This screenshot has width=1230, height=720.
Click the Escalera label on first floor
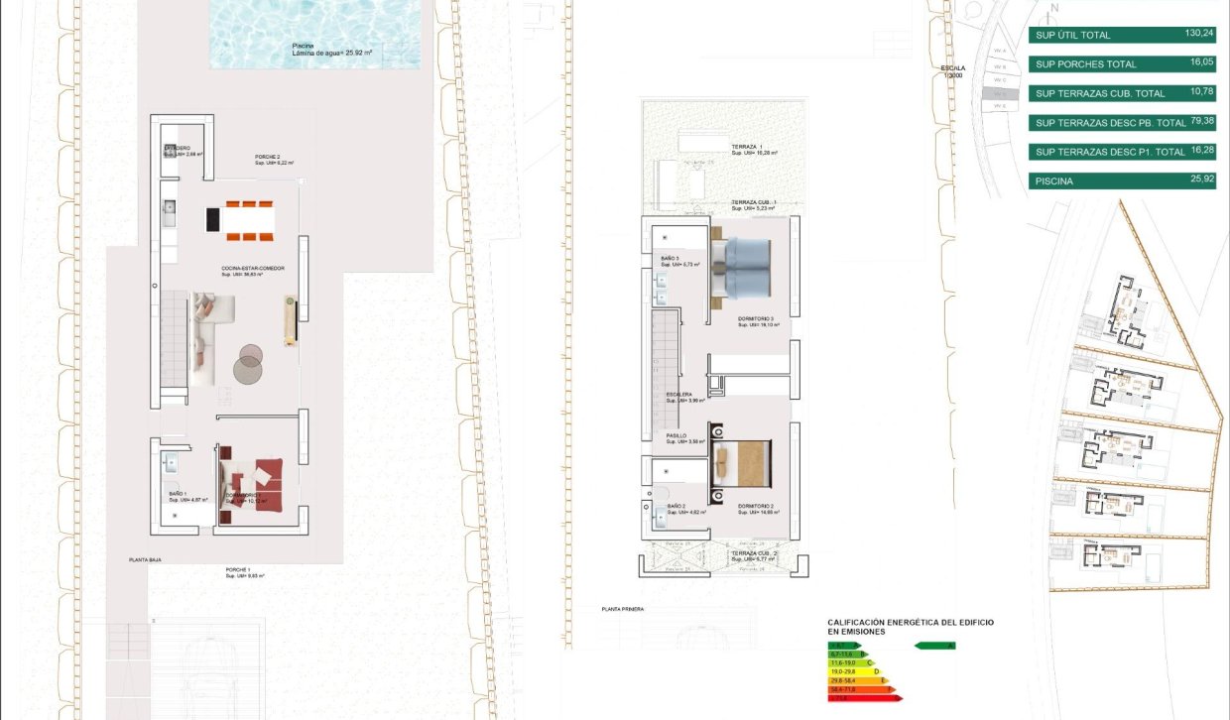679,394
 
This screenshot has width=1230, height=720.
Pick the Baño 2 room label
676,507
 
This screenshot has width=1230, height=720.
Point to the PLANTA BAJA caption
145,560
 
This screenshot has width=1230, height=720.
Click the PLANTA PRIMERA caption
623,610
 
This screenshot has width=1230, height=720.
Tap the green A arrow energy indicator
934,646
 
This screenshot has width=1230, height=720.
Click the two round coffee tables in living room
248,363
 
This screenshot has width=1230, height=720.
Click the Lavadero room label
178,148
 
